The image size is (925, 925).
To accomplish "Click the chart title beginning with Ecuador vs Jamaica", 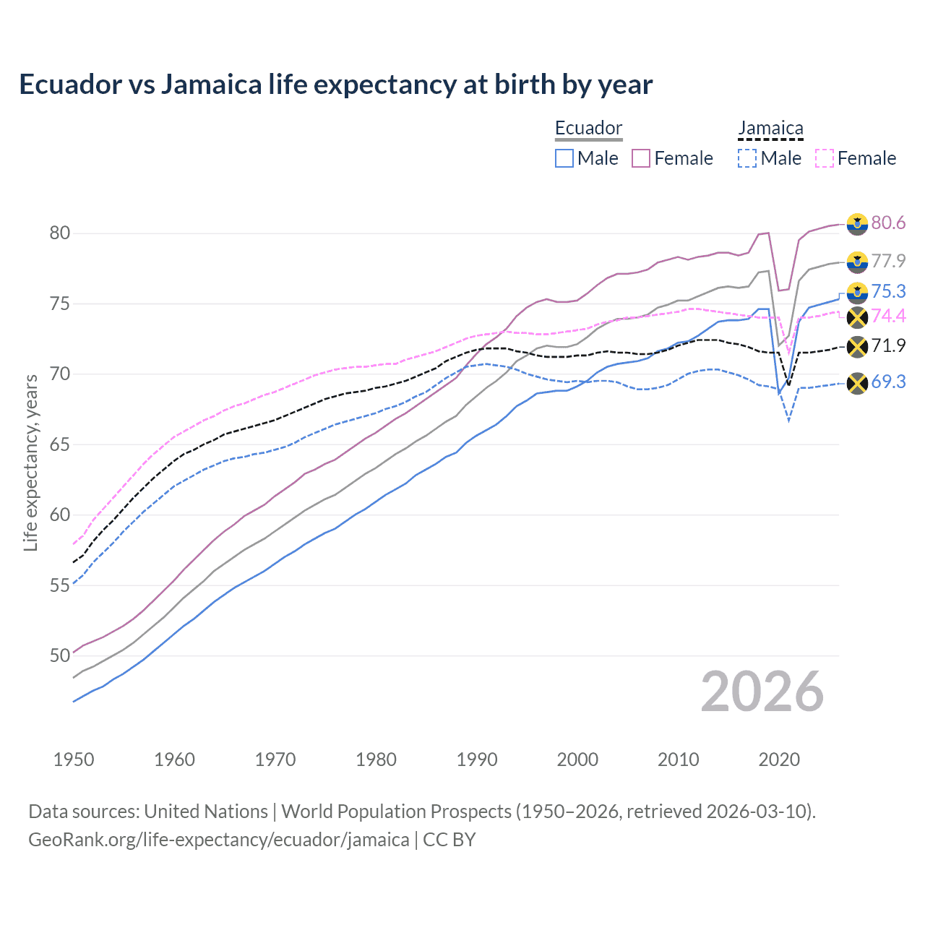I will pos(335,85).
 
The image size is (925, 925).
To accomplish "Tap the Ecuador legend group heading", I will pos(588,129).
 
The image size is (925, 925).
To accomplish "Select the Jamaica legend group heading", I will pos(770,129).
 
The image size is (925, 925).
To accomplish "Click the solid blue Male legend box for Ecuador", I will pos(564,158).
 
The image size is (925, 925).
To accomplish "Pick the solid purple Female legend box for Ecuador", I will pos(641,158).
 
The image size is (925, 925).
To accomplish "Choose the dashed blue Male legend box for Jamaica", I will pos(747,158).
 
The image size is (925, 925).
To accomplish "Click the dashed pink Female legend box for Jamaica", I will pos(824,158).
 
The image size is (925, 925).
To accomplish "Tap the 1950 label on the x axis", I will pos(74,760).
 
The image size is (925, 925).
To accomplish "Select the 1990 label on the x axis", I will pos(477,760).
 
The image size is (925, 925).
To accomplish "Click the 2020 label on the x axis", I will pos(779,760).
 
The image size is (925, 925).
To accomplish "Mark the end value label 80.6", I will pos(888,223).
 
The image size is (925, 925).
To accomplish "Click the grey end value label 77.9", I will pos(888,261).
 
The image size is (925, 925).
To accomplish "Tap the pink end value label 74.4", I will pos(888,316).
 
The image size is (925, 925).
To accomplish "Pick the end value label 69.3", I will pos(888,382).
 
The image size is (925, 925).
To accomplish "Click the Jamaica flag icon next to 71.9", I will pos(857,347).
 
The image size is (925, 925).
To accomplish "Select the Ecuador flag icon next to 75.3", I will pos(857,292).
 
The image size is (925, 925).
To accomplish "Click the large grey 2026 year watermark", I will pos(762,692).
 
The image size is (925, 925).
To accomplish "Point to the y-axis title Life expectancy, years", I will pos(31,462).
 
